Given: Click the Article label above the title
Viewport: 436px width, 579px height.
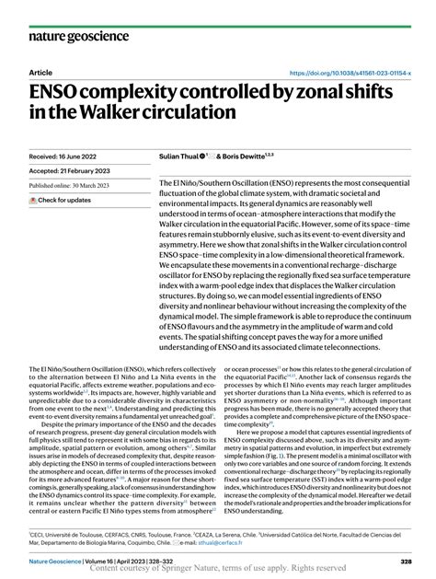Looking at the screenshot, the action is [40, 73].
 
